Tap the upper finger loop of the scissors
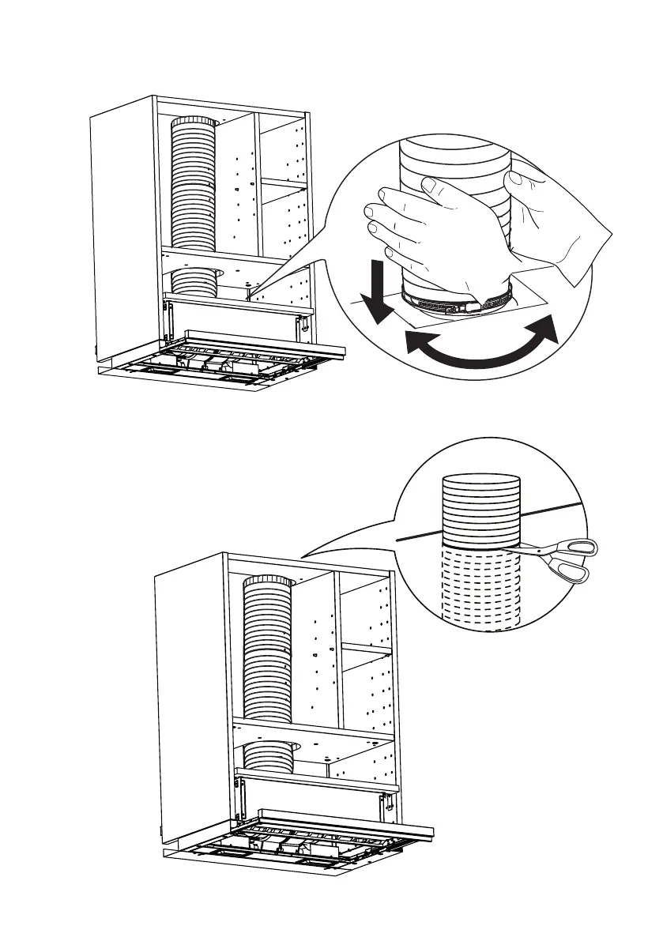point(582,547)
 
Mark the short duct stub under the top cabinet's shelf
point(194,281)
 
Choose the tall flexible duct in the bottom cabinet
point(267,648)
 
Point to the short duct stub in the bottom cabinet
point(269,756)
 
